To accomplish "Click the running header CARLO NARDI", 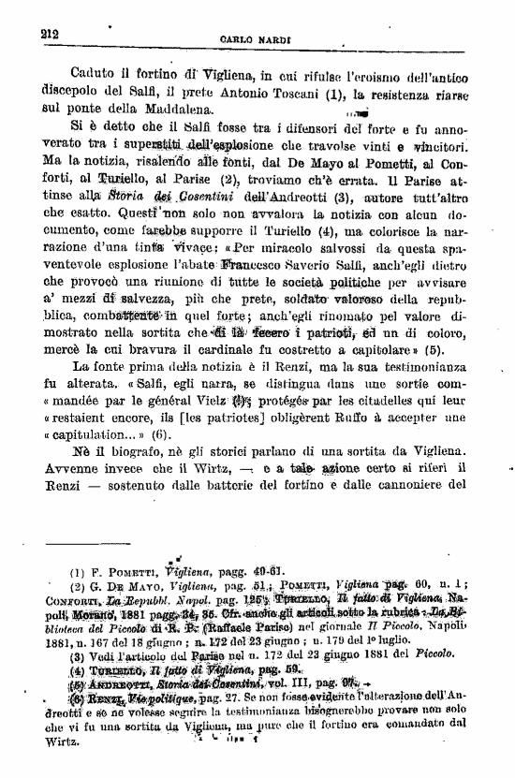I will [254, 39].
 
